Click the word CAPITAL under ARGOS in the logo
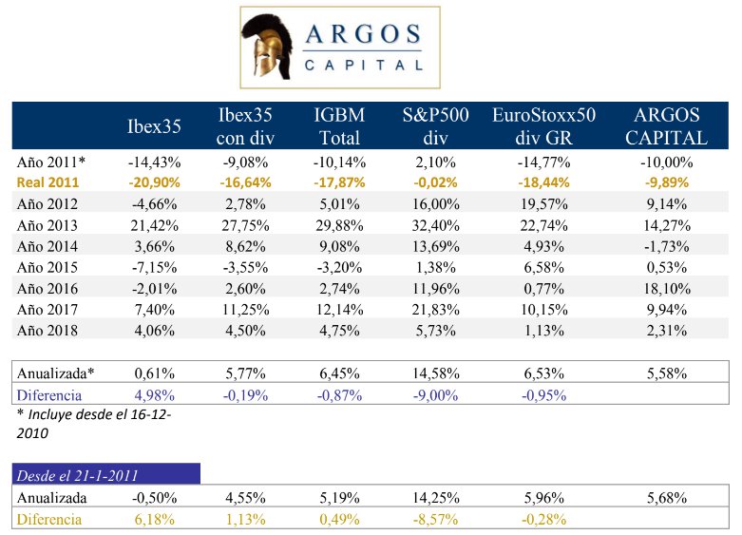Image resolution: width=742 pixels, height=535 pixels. coord(364,66)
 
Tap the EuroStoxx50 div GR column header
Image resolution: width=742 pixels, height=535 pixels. coord(543,125)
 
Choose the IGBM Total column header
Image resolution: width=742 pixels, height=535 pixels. coord(339,125)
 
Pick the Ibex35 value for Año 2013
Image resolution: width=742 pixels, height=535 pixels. coord(154,225)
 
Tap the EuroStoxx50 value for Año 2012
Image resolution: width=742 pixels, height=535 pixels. coord(544,203)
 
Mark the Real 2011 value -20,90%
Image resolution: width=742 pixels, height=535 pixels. coord(154,181)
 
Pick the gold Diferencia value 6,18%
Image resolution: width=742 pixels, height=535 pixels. coord(154,519)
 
